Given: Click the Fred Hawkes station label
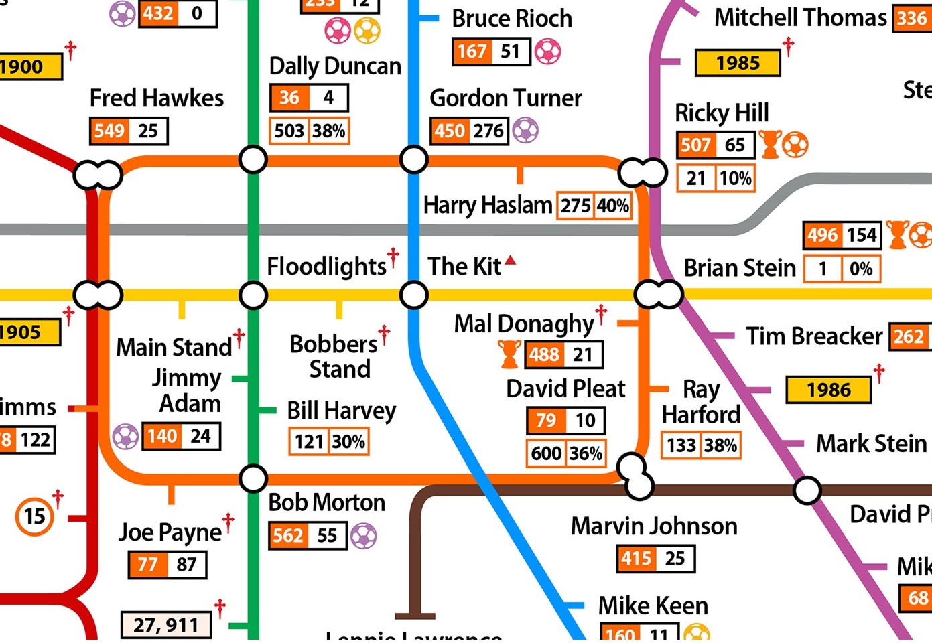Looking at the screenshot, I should [157, 98].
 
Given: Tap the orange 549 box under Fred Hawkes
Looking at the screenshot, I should [109, 131].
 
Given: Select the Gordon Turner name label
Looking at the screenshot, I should [505, 98].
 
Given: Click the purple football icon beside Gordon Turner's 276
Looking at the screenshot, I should [525, 131].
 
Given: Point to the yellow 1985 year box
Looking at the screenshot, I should [738, 63].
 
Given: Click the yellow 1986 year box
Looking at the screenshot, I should [828, 390].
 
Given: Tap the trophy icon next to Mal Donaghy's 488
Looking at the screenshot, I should [509, 354].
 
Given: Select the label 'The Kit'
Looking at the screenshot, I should [464, 267].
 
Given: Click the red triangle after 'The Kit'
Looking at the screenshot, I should [511, 260].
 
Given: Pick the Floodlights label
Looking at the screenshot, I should [326, 267].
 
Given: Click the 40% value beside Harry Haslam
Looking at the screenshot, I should [613, 206].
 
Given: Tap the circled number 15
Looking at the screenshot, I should [34, 516].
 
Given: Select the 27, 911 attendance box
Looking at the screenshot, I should [165, 625].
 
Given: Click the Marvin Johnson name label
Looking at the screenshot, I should [653, 526].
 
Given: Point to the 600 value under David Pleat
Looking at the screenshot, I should [546, 453].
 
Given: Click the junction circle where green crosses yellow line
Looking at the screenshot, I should [253, 295].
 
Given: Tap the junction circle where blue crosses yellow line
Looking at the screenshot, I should [414, 295].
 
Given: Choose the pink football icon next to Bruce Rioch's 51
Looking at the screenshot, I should [548, 52].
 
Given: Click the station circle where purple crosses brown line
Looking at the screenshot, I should [807, 490].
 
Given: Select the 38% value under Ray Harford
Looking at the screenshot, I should [721, 445].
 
